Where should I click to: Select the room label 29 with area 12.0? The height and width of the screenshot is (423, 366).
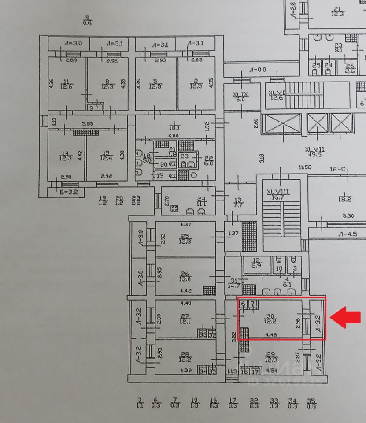[271, 356]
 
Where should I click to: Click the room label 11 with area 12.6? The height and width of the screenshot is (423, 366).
[67, 84]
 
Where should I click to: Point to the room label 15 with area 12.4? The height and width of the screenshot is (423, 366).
[106, 156]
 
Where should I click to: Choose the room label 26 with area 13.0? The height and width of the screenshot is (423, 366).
[185, 276]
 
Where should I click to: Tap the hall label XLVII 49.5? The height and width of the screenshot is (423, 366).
[314, 152]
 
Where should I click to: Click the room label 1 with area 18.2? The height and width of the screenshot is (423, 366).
[344, 197]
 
